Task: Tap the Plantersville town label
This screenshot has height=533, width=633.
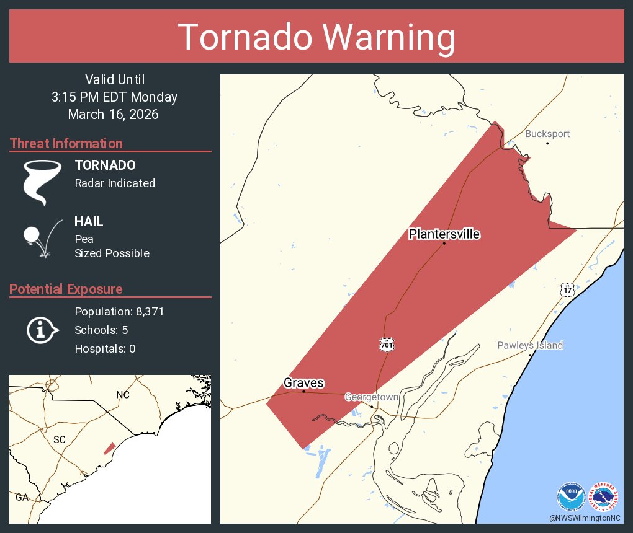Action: point(444,234)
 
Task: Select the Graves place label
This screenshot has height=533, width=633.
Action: point(303,383)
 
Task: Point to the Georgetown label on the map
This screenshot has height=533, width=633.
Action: point(372,397)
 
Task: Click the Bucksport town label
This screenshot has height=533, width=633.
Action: point(547,134)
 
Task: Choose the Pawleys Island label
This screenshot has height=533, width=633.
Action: point(530,345)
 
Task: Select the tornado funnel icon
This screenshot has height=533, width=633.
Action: point(42,182)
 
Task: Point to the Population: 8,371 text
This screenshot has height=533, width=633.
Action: point(119,312)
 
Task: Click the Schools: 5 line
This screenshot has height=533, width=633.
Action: point(101,330)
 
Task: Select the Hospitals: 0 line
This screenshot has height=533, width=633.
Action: point(105,349)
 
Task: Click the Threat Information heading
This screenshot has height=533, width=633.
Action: point(66,143)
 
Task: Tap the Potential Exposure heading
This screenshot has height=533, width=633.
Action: point(66,289)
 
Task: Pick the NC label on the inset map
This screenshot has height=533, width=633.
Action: point(123,395)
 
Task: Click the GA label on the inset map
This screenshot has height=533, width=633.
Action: point(22,497)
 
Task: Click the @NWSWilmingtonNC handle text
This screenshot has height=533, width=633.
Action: point(585,518)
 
